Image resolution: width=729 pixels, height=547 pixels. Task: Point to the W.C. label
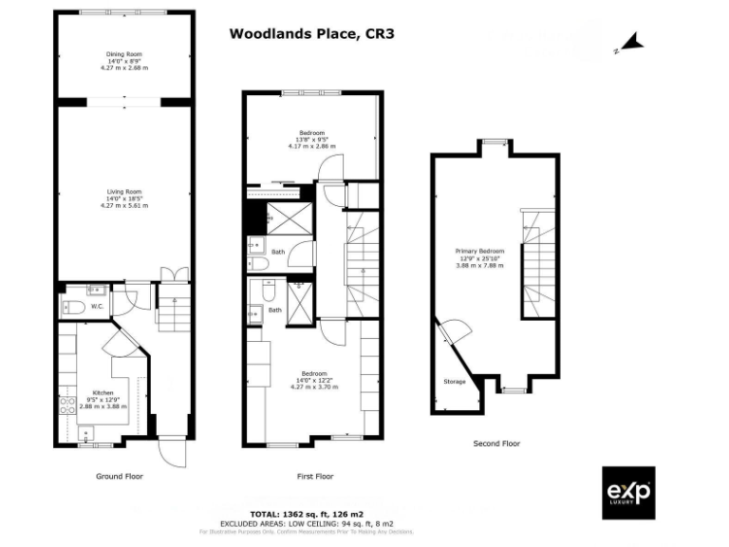tap(97, 307)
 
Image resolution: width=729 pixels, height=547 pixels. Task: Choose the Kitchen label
tap(102, 392)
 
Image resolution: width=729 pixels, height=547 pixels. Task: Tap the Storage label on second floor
tap(455, 382)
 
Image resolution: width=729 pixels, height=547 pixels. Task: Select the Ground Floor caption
tap(120, 476)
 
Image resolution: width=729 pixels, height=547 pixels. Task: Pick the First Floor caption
tap(312, 476)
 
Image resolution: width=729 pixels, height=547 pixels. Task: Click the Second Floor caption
tap(496, 443)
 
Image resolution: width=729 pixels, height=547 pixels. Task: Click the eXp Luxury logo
tap(628, 493)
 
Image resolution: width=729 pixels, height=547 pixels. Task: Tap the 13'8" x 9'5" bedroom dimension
tap(312, 139)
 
